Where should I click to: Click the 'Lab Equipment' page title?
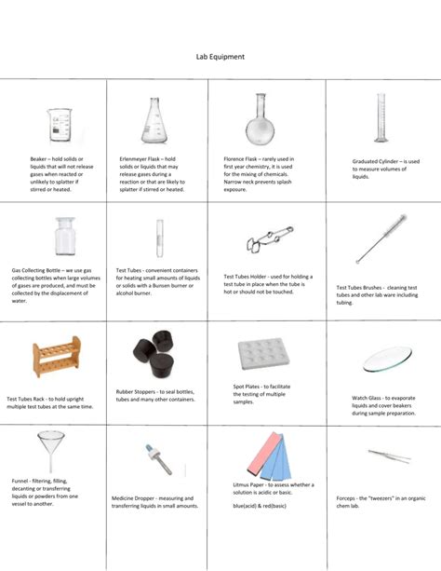[220, 57]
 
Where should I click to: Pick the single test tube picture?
[160, 238]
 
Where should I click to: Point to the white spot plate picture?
[263, 354]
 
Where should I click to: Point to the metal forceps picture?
[383, 457]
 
